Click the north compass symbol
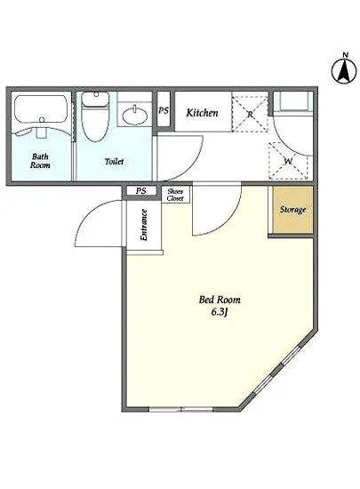[x=344, y=69]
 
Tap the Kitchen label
[x=202, y=113]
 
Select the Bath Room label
[x=40, y=161]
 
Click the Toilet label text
[x=114, y=161]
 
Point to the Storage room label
[x=292, y=210]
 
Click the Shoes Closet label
[x=175, y=195]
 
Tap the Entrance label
[x=144, y=225]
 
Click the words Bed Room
[x=220, y=300]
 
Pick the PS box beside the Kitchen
[x=164, y=109]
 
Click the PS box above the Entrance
[x=141, y=191]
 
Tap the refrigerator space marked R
[x=250, y=114]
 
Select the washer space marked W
[x=288, y=161]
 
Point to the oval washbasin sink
[x=135, y=116]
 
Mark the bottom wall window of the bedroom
[x=181, y=409]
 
